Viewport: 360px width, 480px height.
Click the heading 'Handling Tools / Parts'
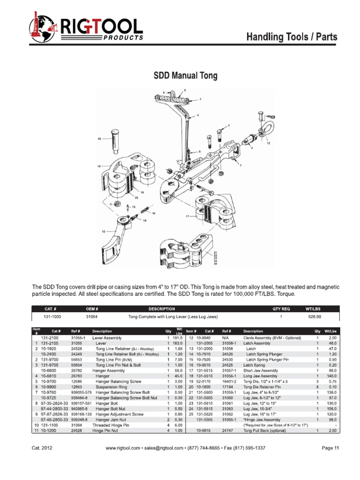click(292, 37)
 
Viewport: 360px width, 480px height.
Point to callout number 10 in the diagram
click(99, 139)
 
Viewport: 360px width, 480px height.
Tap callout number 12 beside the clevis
click(268, 143)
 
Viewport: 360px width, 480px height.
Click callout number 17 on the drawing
click(187, 216)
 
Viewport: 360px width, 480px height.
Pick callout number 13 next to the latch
click(103, 231)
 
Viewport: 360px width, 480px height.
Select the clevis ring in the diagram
click(263, 127)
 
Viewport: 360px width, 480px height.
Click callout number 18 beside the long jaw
click(99, 166)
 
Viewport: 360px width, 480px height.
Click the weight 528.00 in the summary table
click(313, 317)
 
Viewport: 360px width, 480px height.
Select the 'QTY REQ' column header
click(281, 309)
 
